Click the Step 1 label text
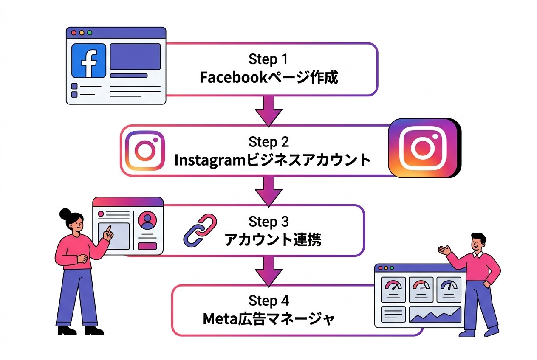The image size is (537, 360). point(268,59)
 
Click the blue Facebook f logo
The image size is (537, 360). point(89,61)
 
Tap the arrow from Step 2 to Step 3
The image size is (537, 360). point(268,191)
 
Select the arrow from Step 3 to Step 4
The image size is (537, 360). point(268,270)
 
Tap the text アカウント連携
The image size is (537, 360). point(273,240)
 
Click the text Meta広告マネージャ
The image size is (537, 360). point(268,319)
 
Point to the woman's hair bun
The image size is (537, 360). point(65,213)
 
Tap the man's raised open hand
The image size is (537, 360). point(444,250)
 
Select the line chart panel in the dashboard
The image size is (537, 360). point(435,315)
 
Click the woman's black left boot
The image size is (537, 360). point(67,330)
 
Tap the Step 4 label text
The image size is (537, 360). point(268,301)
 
